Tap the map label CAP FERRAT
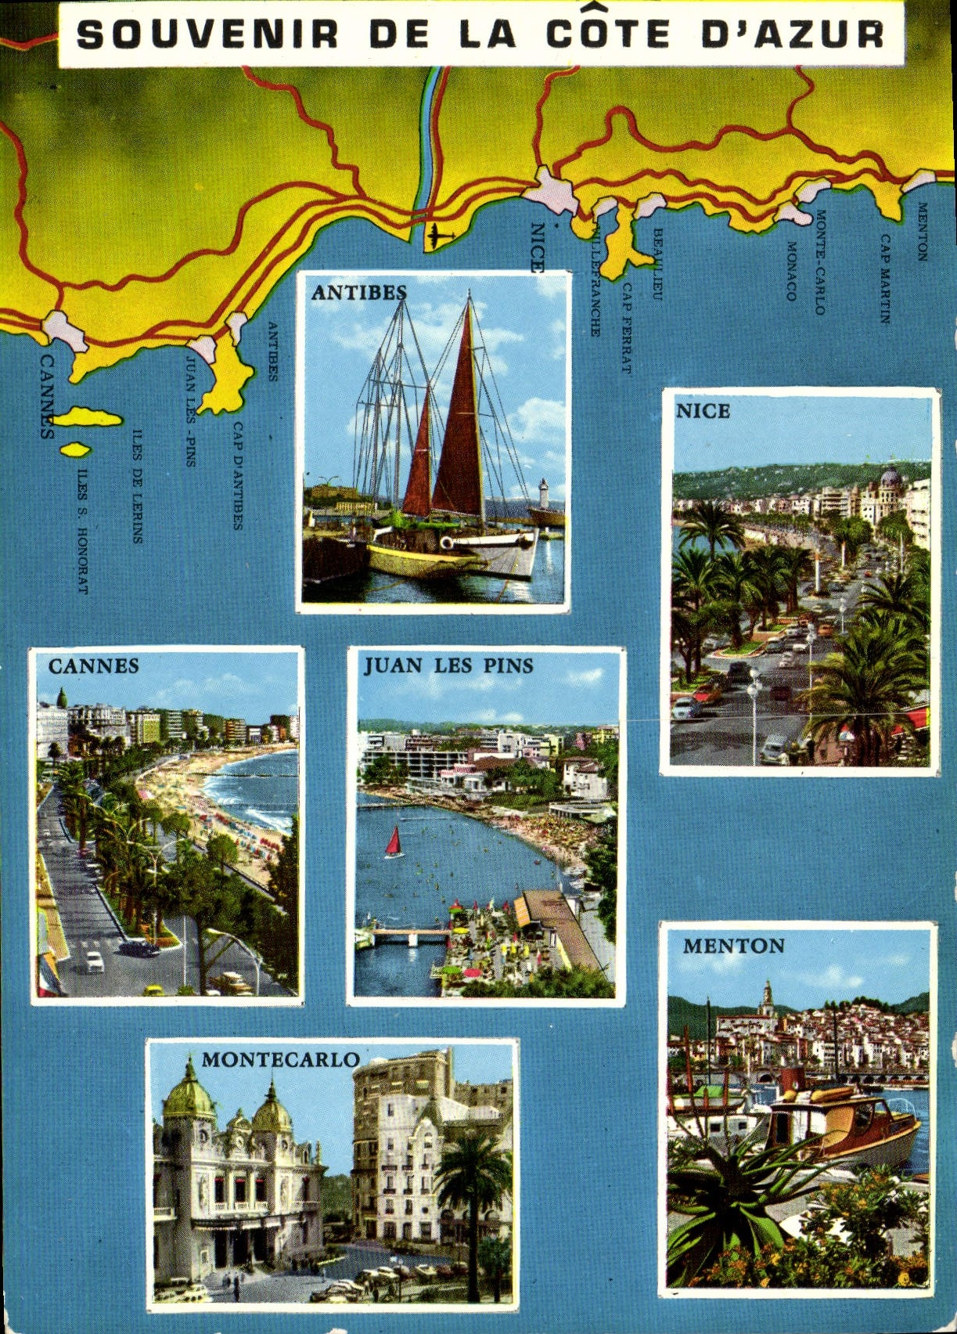click(626, 327)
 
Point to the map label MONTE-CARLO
click(820, 261)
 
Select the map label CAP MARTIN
click(885, 279)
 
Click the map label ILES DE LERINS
click(138, 485)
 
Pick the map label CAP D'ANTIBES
click(238, 475)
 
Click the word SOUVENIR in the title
click(208, 34)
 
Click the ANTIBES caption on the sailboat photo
click(359, 292)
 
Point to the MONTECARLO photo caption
click(280, 1059)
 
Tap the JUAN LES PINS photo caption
click(448, 665)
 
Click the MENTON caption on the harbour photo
click(733, 946)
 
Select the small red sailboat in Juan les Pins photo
click(394, 842)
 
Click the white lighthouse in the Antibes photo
click(543, 493)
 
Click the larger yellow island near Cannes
click(88, 417)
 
